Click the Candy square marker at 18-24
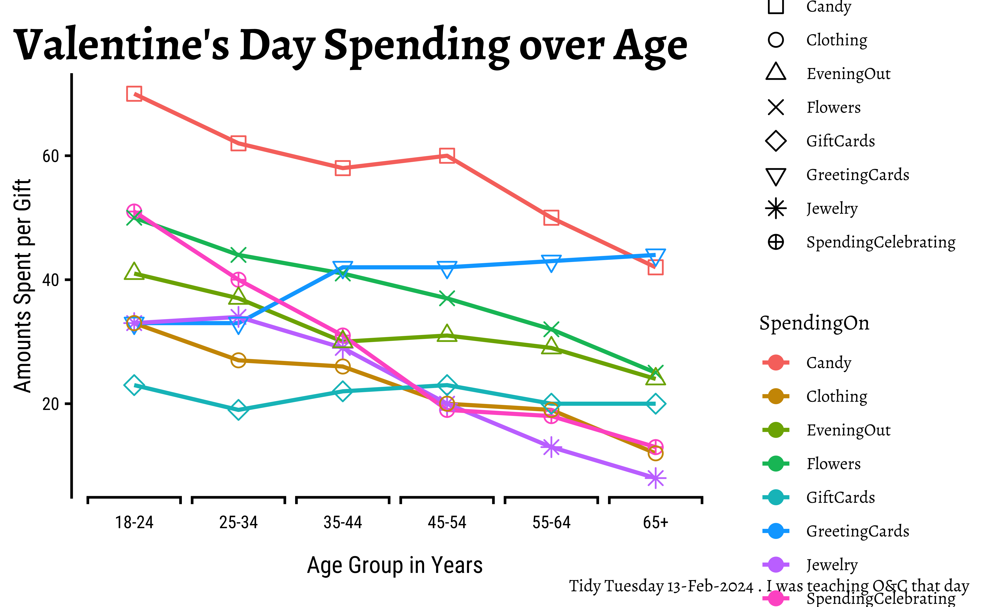[x=134, y=94]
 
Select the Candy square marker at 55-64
[x=551, y=218]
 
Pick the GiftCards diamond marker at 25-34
[x=238, y=410]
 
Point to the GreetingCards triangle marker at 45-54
[x=447, y=268]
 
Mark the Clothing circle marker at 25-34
[x=238, y=360]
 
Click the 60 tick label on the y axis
[x=51, y=156]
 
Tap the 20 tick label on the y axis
[x=51, y=404]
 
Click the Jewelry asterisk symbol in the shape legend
[x=776, y=209]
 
